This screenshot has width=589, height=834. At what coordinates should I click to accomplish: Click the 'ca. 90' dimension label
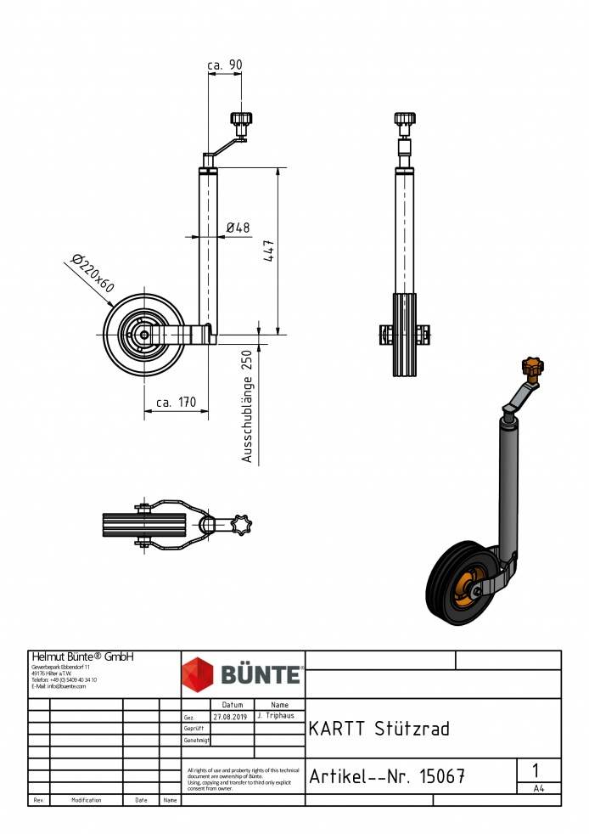click(224, 65)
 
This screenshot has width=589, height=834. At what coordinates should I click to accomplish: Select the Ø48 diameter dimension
click(238, 227)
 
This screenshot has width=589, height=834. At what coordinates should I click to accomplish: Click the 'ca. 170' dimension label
click(176, 403)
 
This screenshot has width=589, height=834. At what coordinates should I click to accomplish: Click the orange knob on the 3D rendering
click(532, 369)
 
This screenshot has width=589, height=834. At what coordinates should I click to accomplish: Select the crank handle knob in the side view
click(240, 122)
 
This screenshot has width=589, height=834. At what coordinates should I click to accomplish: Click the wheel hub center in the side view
click(144, 335)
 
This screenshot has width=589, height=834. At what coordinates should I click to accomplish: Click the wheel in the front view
click(405, 335)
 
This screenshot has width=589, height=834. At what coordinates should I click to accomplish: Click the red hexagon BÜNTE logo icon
click(199, 674)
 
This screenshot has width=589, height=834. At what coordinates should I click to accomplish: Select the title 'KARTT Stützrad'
click(379, 729)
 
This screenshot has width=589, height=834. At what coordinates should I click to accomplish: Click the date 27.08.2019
click(231, 716)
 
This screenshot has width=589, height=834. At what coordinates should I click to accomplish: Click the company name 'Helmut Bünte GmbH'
click(82, 656)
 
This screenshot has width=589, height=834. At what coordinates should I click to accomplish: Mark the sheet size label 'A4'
click(538, 788)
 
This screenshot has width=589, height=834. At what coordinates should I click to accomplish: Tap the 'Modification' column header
click(87, 800)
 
